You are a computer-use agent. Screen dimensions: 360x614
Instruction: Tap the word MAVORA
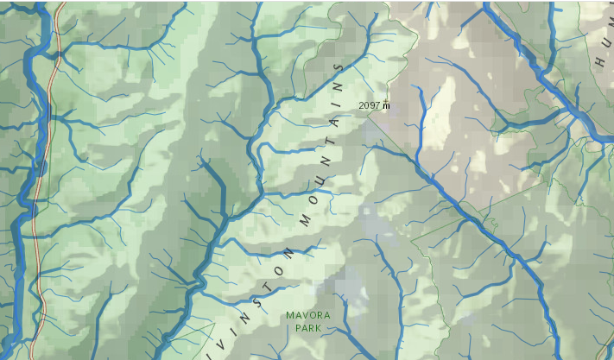308,316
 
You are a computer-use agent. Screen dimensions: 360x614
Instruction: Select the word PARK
308,328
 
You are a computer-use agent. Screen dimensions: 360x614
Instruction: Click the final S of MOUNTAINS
339,66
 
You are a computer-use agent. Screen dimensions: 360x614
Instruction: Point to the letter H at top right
600,62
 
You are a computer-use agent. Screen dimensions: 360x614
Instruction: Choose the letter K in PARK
320,328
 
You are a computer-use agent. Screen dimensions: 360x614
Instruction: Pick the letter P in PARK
298,328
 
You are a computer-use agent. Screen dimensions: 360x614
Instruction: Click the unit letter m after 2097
386,105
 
